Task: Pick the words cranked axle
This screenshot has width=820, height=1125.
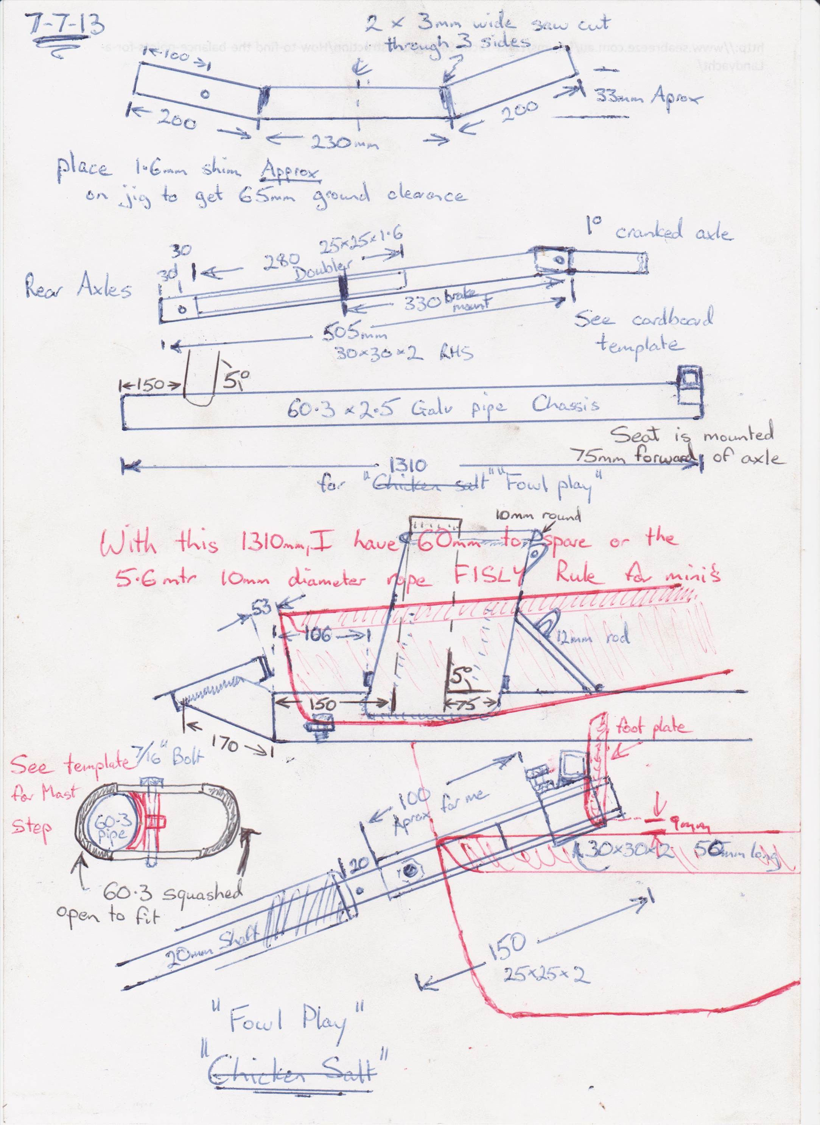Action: point(675,232)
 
